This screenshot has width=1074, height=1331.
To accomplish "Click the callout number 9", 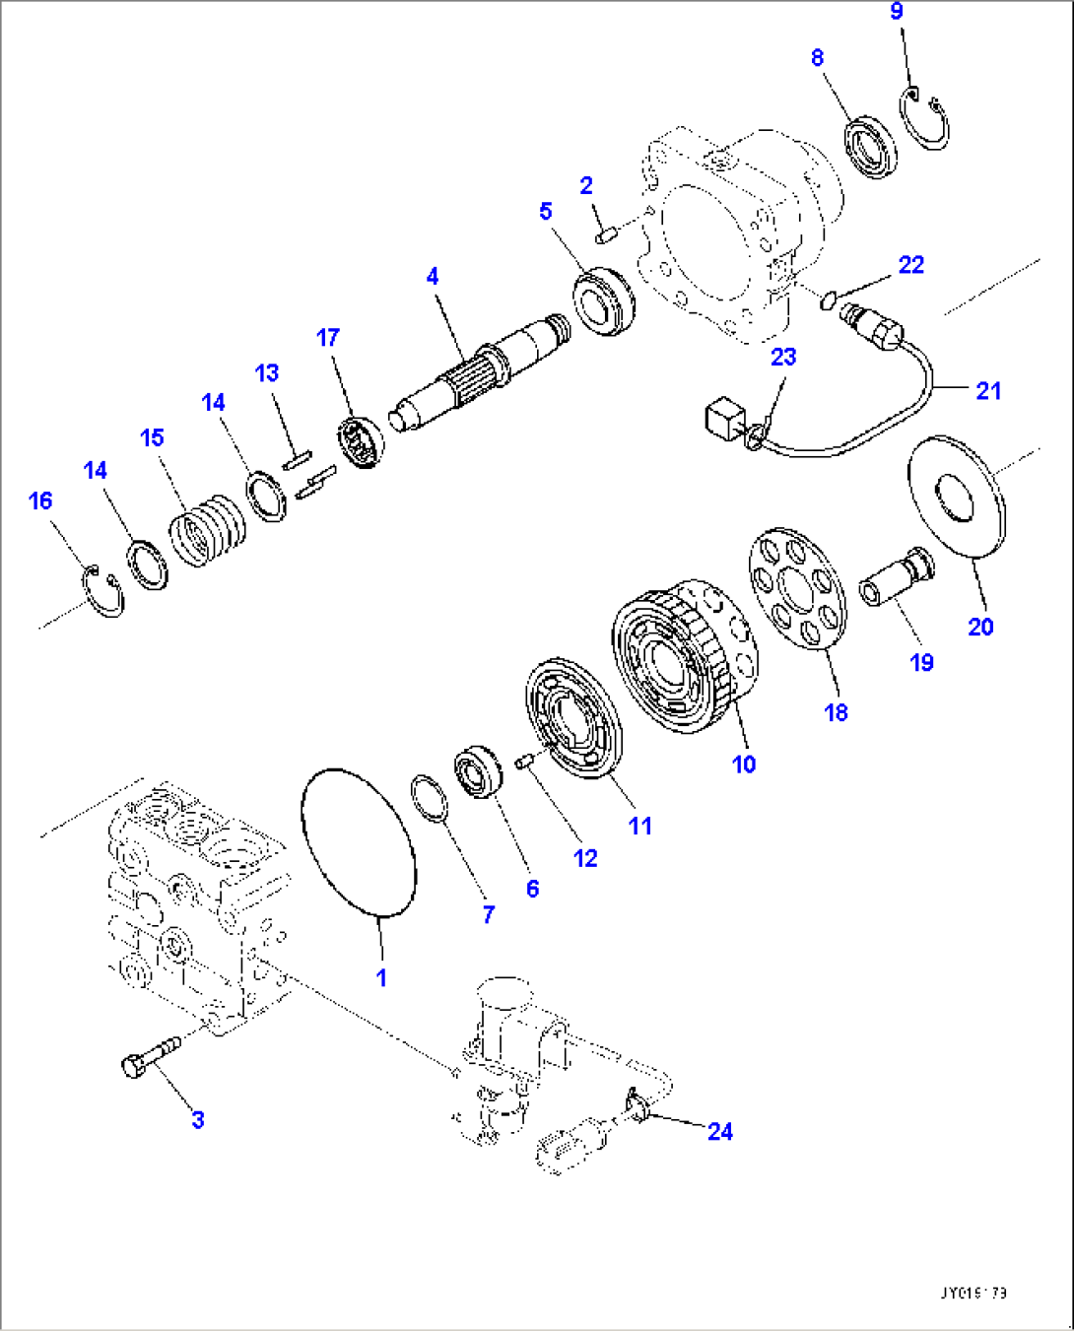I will [x=896, y=12].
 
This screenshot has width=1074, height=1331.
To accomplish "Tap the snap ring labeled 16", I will [x=103, y=592].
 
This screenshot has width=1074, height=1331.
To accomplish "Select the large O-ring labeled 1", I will [x=358, y=843].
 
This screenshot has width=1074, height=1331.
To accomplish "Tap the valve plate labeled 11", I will [x=574, y=719].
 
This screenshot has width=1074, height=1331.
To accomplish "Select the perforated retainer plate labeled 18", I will [x=798, y=589].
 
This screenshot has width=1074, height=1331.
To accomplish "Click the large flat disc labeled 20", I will [x=957, y=498].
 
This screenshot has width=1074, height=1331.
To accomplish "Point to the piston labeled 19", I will [x=896, y=578].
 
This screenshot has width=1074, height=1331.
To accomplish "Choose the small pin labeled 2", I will [x=606, y=234].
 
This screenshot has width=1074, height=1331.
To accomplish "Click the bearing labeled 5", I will [x=603, y=300].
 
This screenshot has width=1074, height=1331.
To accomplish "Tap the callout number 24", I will [x=719, y=1131].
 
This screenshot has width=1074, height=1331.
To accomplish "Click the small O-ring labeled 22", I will [x=828, y=299].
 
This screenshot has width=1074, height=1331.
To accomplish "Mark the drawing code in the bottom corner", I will [x=973, y=1293].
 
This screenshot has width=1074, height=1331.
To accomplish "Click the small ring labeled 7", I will [x=429, y=797].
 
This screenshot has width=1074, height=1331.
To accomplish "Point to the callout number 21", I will [x=987, y=391].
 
